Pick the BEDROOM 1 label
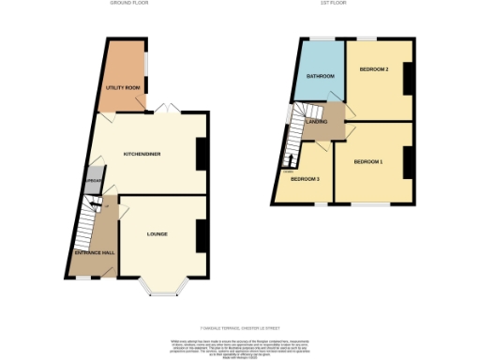[x=367, y=162]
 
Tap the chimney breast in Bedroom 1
[x=409, y=165]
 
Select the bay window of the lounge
[x=163, y=286]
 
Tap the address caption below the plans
[x=240, y=326]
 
